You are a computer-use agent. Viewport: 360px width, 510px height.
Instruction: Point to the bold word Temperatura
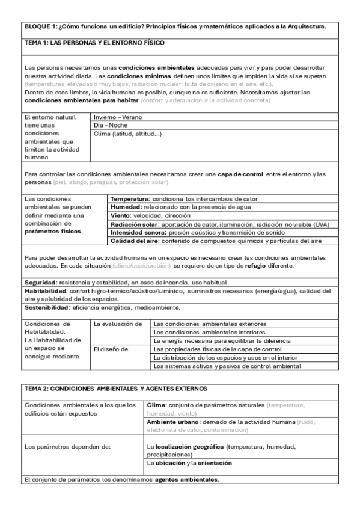coord(133,198)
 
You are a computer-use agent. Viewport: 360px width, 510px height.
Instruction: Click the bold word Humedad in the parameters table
coord(129,207)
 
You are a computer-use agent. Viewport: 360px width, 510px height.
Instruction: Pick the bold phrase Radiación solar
coord(135,224)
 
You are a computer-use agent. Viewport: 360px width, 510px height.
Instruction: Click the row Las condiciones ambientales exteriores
coord(210,324)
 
